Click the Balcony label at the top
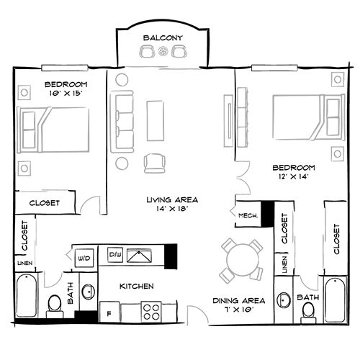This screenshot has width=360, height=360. point(163,37)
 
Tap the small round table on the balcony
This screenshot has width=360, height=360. point(163,51)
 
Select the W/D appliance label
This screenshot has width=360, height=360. point(83,256)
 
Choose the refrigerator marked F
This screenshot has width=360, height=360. point(109,314)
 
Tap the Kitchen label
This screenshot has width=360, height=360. point(136,287)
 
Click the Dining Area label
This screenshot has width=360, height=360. point(238,300)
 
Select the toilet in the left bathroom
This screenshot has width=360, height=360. point(53,307)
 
